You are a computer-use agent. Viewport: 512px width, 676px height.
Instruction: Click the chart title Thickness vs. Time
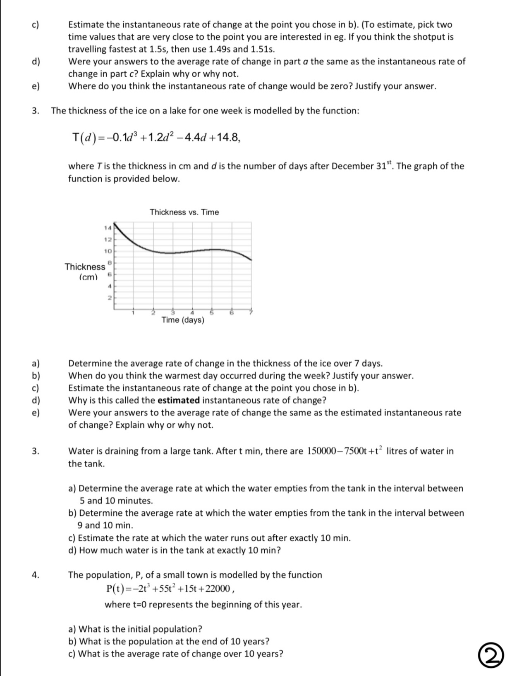(184, 212)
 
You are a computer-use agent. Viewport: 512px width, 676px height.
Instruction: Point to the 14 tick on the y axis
(108, 228)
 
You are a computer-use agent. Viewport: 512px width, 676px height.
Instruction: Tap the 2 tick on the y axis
(110, 298)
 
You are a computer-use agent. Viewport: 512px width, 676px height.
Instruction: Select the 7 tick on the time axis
(251, 313)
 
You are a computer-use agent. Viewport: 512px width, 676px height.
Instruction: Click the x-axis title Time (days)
(183, 320)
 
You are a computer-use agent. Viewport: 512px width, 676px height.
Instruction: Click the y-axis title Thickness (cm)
(86, 271)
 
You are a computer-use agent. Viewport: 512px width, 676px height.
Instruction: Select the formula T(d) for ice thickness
(156, 137)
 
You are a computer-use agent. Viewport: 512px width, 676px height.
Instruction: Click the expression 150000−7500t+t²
(345, 451)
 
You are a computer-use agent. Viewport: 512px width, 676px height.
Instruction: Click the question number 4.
(36, 575)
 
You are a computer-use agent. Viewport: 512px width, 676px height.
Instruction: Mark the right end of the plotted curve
(251, 260)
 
